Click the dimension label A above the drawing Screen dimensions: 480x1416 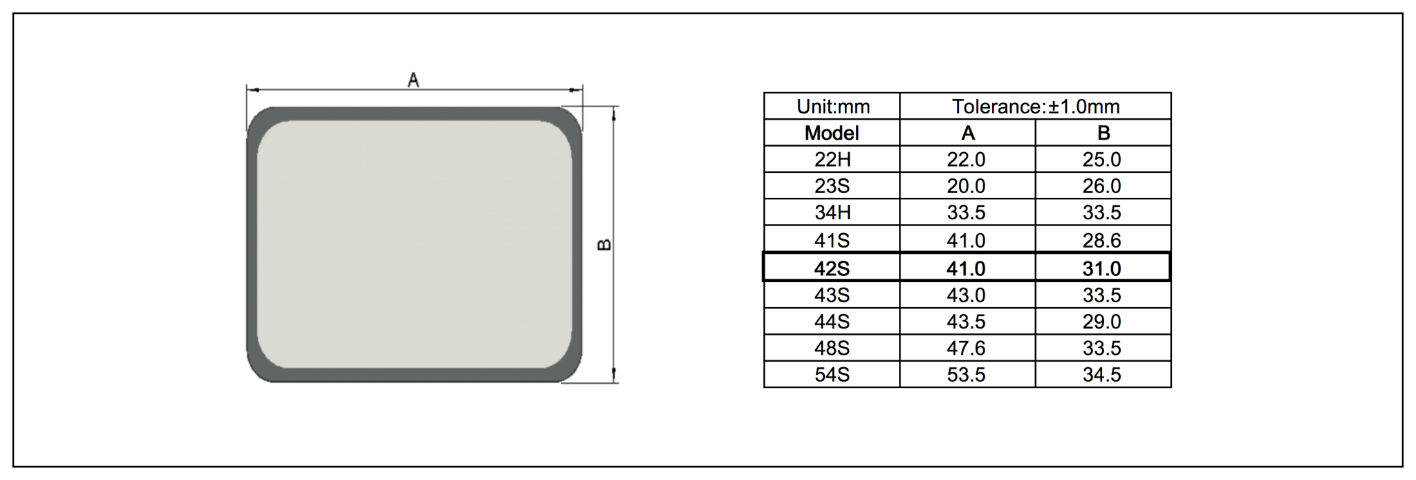pyautogui.click(x=413, y=80)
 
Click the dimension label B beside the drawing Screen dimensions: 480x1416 pyautogui.click(x=604, y=244)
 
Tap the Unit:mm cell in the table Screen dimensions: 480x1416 pyautogui.click(x=832, y=107)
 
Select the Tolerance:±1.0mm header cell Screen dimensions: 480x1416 pyautogui.click(x=1035, y=107)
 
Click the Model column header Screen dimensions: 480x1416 pyautogui.click(x=832, y=133)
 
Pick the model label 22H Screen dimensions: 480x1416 pyautogui.click(x=832, y=160)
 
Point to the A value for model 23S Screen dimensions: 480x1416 pyautogui.click(x=966, y=186)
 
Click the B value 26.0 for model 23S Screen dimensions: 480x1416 pyautogui.click(x=1101, y=186)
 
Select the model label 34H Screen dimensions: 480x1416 pyautogui.click(x=832, y=212)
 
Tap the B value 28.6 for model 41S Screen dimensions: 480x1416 pyautogui.click(x=1101, y=241)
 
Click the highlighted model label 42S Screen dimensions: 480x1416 pyautogui.click(x=832, y=268)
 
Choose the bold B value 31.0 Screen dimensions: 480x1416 pyautogui.click(x=1101, y=268)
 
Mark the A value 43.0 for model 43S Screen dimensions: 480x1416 pyautogui.click(x=966, y=295)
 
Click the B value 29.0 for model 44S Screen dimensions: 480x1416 pyautogui.click(x=1101, y=322)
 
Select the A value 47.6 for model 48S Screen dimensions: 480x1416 pyautogui.click(x=966, y=348)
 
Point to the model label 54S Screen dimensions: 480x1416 pyautogui.click(x=832, y=375)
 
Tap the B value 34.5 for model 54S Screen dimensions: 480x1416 pyautogui.click(x=1101, y=375)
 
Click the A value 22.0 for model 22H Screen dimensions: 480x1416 pyautogui.click(x=966, y=160)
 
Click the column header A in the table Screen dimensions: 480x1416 pyautogui.click(x=967, y=133)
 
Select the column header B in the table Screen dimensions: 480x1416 pyautogui.click(x=1103, y=133)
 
